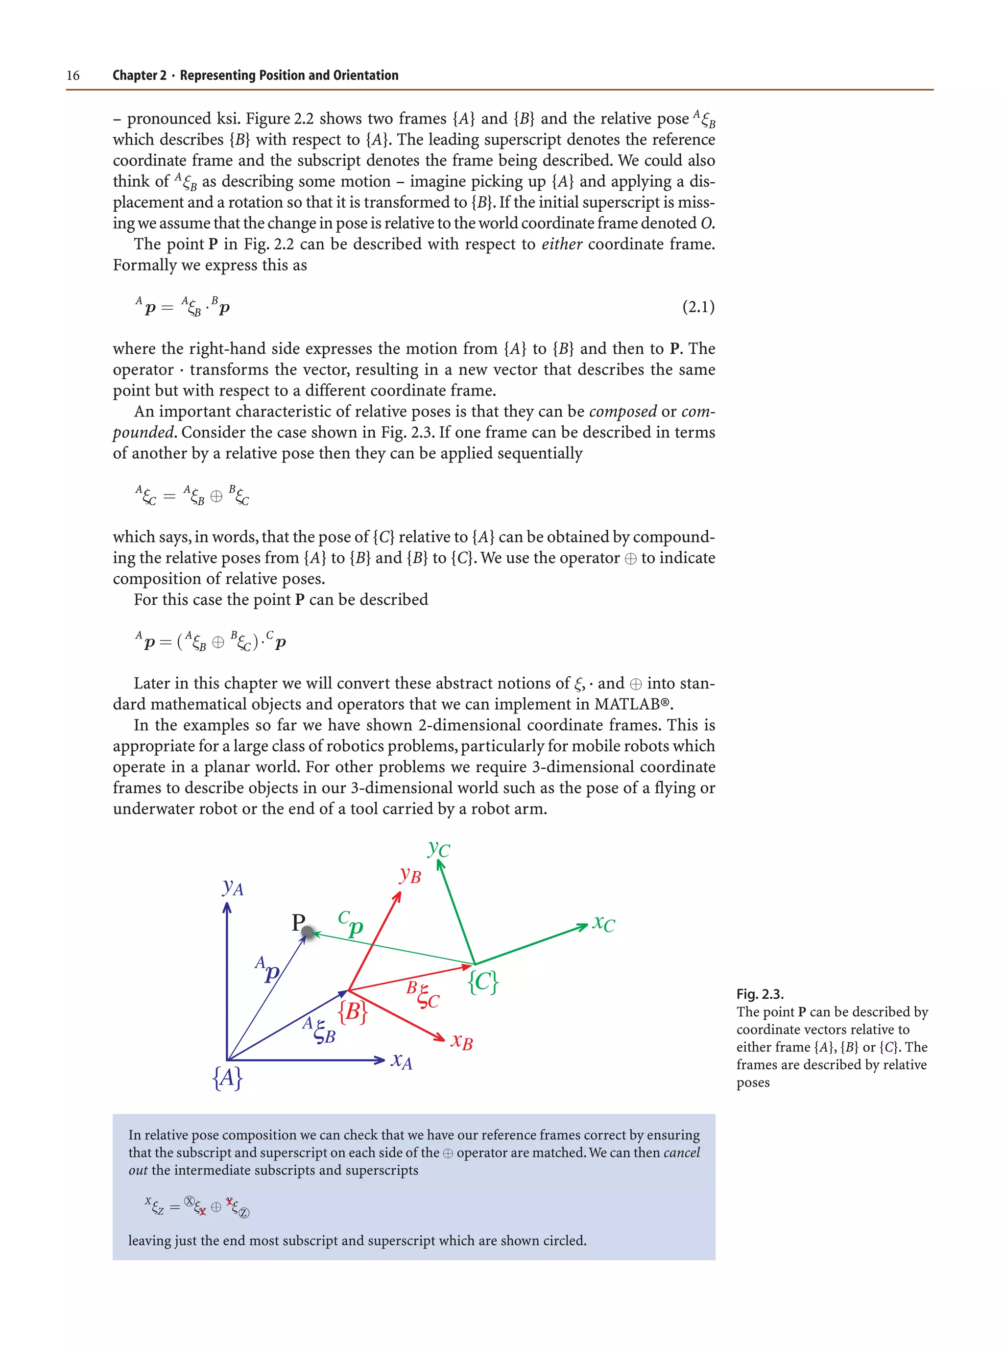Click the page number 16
(73, 75)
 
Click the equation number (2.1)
(698, 307)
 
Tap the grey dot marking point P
(308, 932)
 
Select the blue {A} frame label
(227, 1078)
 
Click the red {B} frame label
(352, 1012)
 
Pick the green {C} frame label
(483, 982)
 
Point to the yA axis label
(233, 887)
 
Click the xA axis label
(401, 1060)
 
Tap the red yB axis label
(410, 875)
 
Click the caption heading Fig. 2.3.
(760, 994)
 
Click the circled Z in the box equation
(244, 1213)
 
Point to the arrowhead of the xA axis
(380, 1060)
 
